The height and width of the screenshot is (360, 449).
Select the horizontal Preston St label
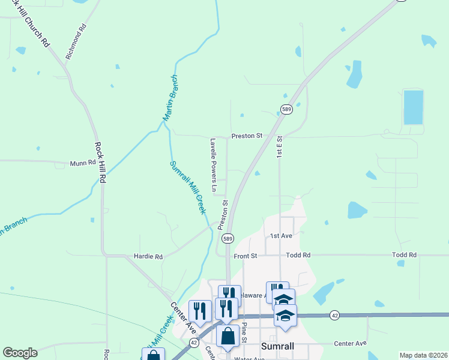[247, 136]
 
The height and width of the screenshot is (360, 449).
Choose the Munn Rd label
[83, 163]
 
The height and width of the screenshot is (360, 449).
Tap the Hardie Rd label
[148, 257]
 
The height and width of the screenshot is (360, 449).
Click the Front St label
[246, 256]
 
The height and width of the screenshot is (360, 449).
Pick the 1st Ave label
[281, 236]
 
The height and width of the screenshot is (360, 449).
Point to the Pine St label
[244, 334]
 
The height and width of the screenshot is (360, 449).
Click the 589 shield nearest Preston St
[286, 109]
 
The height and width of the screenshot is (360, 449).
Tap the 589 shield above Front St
[228, 239]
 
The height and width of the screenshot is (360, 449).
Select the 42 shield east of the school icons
[334, 314]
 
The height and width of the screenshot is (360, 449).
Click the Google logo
[20, 353]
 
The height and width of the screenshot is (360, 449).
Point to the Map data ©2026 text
[423, 355]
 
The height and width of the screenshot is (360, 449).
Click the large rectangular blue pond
[413, 107]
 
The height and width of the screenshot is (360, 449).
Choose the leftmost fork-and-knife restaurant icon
[200, 311]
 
